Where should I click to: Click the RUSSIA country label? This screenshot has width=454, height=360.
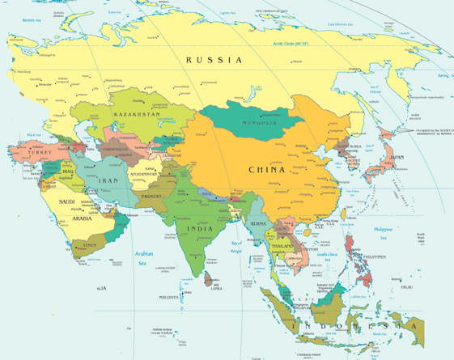click(x=214, y=60)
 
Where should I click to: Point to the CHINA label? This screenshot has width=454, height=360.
click(x=266, y=170)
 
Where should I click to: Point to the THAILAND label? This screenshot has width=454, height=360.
click(x=282, y=245)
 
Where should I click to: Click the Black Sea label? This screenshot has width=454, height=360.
click(x=32, y=134)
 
